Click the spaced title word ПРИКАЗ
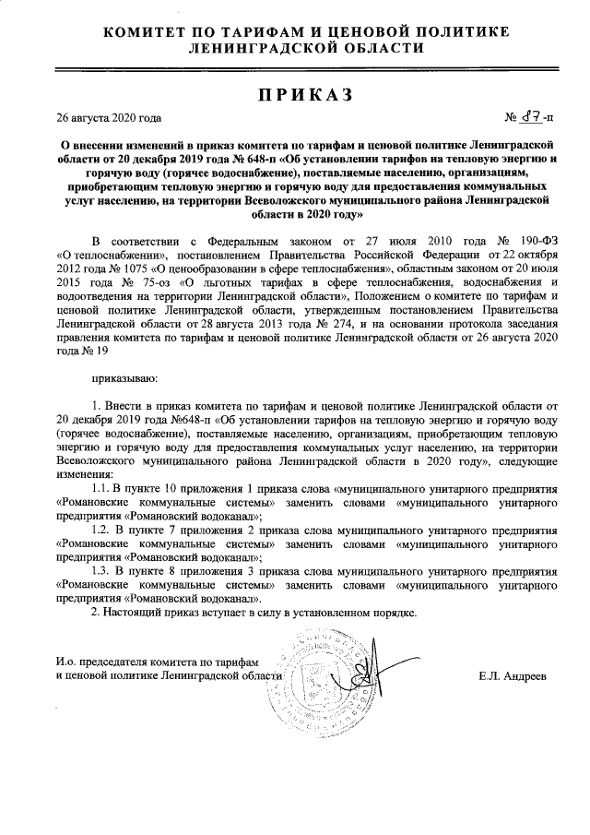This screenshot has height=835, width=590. (x=294, y=95)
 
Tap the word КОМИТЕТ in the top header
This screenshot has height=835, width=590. (x=150, y=32)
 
